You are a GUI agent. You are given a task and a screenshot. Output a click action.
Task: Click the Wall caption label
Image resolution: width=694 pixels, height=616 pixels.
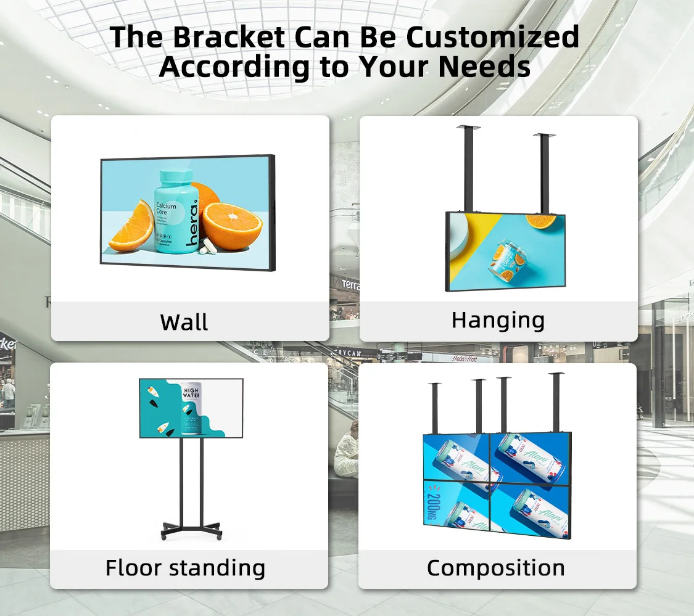pos(184,322)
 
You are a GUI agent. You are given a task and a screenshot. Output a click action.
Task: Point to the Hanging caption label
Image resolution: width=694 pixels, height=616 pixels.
pos(498,320)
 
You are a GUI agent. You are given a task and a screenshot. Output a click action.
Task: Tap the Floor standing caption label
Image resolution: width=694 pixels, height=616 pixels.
pos(185,567)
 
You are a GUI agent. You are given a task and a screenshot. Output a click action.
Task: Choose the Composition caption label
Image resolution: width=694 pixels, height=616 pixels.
pos(495,568)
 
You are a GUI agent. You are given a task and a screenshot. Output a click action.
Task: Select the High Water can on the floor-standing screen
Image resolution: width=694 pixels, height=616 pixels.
pos(191,406)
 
